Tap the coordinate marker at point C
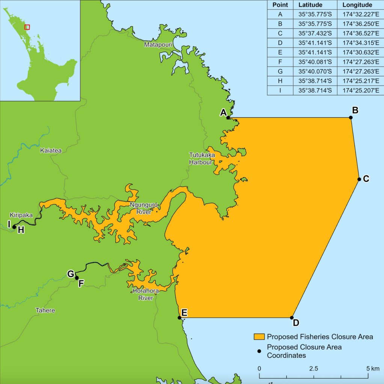359,179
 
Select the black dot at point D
292,318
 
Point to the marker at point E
179,318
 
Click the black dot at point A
228,117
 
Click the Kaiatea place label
51,150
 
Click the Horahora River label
146,294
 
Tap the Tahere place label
45,310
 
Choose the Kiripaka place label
21,215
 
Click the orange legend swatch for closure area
259,336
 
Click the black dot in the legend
259,351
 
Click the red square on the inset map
27,27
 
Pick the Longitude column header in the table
357,5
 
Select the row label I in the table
280,90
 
